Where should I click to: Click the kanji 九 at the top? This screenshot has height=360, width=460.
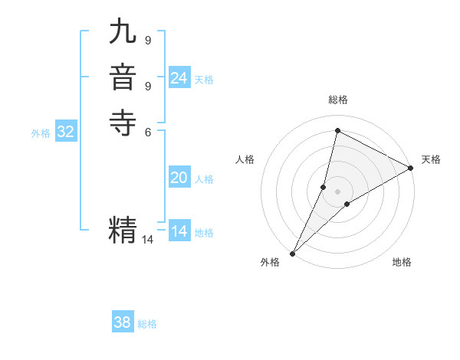point(123,34)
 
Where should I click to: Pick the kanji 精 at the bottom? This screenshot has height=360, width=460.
point(123,229)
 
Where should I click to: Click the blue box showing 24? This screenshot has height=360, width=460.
point(179,78)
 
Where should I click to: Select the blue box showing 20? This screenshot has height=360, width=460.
point(179,178)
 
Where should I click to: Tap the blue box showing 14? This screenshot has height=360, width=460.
point(179,231)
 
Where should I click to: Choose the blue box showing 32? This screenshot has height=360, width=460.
point(66,132)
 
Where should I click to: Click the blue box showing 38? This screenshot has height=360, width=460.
point(123,322)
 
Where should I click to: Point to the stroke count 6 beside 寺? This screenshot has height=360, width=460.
point(147,131)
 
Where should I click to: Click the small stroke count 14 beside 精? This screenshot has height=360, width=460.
point(147,240)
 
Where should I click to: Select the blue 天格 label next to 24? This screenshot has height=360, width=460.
point(204,80)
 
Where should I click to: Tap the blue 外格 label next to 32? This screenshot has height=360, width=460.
point(41,133)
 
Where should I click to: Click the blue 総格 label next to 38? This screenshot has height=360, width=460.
point(147,324)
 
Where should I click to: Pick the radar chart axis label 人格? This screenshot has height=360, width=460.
point(245,159)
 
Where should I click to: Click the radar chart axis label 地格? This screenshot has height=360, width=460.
point(402,263)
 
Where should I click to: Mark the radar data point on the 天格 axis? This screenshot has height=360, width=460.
point(411,169)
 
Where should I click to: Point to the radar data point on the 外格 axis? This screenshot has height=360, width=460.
point(292,254)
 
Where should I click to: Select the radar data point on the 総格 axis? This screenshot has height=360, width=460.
point(337,130)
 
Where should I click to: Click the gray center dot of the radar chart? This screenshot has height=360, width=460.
point(337,191)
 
